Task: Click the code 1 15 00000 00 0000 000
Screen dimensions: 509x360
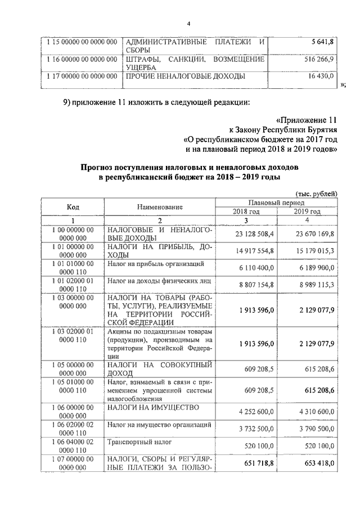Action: tap(82, 43)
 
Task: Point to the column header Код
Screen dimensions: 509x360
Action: tap(73, 207)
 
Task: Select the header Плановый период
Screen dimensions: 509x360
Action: tap(276, 202)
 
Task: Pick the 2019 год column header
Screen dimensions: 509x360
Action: tap(307, 211)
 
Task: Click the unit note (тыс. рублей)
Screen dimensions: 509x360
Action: tap(316, 193)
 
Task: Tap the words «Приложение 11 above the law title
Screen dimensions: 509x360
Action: tap(307, 120)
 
